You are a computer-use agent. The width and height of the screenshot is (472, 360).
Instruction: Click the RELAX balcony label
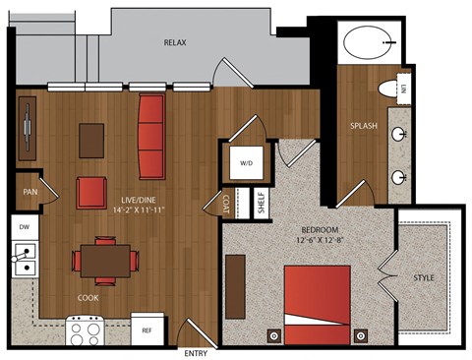[x=175, y=42]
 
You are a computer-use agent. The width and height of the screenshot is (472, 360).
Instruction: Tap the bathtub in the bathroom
[x=368, y=42]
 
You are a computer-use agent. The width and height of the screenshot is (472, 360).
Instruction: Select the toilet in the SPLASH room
[x=388, y=90]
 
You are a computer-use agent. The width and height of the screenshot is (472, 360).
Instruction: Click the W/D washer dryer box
[x=247, y=163]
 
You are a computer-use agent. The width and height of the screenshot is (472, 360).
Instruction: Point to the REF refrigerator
[x=147, y=330]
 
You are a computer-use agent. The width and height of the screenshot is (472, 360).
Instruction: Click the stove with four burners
[x=86, y=330]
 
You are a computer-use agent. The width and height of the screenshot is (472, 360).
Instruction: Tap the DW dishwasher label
[x=25, y=227]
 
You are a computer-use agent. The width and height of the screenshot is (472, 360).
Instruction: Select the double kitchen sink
[x=25, y=260]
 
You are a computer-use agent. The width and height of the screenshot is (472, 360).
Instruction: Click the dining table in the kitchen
[x=105, y=261]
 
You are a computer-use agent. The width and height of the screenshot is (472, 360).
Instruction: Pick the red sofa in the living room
[x=151, y=137]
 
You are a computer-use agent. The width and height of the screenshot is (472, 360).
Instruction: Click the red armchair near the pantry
[x=91, y=193]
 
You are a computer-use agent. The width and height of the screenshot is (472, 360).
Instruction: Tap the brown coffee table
[x=91, y=141]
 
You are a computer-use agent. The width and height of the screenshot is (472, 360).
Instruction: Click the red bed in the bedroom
[x=318, y=305]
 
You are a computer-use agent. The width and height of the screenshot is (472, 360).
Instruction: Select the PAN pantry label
[x=30, y=192]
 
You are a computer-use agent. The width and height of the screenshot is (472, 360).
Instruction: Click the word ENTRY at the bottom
[x=196, y=353]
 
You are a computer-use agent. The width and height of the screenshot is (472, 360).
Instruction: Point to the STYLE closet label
[x=424, y=278]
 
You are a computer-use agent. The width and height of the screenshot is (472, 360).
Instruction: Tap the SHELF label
[x=262, y=203]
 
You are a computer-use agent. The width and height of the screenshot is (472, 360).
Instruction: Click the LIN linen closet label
[x=403, y=89]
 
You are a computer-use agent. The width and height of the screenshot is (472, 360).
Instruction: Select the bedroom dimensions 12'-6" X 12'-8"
[x=320, y=240]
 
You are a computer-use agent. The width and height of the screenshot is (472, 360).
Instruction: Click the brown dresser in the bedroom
[x=235, y=286]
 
